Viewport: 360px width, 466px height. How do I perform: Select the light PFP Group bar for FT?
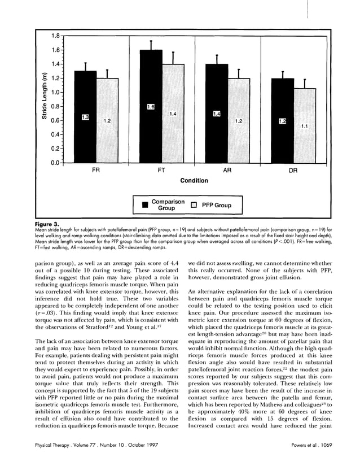coord(173,113)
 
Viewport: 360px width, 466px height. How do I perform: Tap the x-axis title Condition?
coord(194,181)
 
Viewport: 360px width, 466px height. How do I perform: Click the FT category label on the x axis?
coord(161,170)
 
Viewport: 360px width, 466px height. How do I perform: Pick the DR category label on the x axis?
coord(294,170)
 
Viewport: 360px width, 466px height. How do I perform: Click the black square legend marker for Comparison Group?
coord(144,204)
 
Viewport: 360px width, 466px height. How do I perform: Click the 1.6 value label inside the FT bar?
coord(151,107)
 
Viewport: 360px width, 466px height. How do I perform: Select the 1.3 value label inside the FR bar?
coord(85,117)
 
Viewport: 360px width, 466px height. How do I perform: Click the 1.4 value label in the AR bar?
coord(216,114)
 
